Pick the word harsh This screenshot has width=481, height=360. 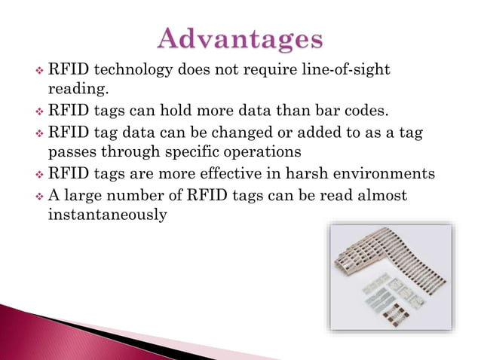click(x=312, y=174)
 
